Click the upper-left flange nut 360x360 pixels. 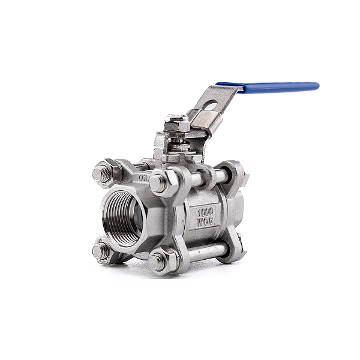(101, 175)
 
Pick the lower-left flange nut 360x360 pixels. (101, 251)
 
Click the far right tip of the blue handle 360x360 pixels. (317, 86)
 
